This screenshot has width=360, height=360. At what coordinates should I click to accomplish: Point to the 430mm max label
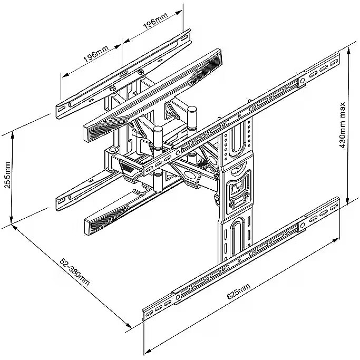343,124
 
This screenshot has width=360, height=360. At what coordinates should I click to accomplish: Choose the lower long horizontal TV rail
240,258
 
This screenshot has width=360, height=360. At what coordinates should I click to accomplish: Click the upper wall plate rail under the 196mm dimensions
124,72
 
